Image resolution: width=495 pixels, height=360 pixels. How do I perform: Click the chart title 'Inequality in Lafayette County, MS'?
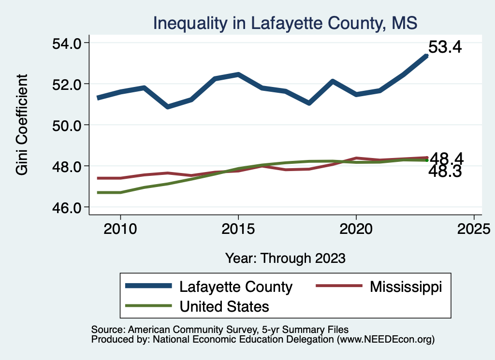(285, 23)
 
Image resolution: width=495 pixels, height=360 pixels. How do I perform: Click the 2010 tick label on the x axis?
(120, 229)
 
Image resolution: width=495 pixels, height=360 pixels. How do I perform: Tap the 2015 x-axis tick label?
(238, 229)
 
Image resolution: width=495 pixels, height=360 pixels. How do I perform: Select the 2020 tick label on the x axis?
(356, 229)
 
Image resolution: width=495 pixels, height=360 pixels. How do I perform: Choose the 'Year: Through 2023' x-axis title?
(285, 258)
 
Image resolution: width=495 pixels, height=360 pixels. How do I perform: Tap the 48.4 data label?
(447, 158)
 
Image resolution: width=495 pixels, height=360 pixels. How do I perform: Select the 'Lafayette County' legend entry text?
(236, 287)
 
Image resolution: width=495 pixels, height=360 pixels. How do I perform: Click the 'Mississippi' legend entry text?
(406, 287)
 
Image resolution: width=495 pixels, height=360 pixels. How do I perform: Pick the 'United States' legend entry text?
(224, 306)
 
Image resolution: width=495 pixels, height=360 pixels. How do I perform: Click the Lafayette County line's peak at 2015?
(238, 74)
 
